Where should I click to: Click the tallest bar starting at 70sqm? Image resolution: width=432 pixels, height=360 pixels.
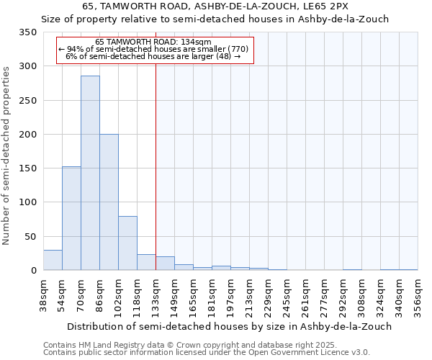click(x=90, y=173)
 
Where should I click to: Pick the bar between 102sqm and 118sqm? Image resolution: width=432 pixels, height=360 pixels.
click(x=127, y=243)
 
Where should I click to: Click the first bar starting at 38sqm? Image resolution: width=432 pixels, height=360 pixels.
click(x=53, y=260)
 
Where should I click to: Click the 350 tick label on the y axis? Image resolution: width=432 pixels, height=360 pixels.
click(x=28, y=32)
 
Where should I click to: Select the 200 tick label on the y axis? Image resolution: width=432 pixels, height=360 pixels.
click(x=28, y=135)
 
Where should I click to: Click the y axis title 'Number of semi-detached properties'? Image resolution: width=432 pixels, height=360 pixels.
click(x=6, y=155)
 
